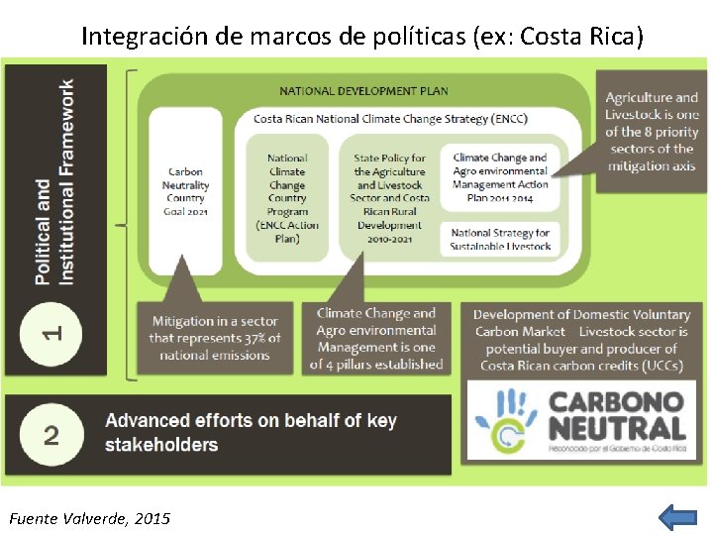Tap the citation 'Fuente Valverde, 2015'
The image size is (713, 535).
click(x=89, y=518)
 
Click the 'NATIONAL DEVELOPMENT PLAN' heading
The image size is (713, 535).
click(x=363, y=91)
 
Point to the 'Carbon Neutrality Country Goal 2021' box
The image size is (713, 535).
click(x=186, y=192)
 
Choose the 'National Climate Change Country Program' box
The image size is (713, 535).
click(x=287, y=198)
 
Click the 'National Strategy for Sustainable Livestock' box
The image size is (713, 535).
click(x=500, y=239)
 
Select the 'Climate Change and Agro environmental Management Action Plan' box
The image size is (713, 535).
click(x=500, y=176)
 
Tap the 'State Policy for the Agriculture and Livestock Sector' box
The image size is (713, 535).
click(x=390, y=198)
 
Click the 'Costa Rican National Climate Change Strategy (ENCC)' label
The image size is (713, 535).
click(x=390, y=119)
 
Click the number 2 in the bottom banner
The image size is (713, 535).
click(x=51, y=433)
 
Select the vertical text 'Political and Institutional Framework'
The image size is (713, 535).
click(x=54, y=182)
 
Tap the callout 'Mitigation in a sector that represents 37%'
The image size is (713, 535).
click(x=215, y=338)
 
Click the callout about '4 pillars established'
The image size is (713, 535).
click(x=376, y=338)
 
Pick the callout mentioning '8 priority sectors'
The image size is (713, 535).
click(x=652, y=132)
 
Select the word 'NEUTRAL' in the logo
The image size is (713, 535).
click(x=617, y=429)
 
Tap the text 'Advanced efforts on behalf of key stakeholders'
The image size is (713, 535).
click(x=251, y=433)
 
